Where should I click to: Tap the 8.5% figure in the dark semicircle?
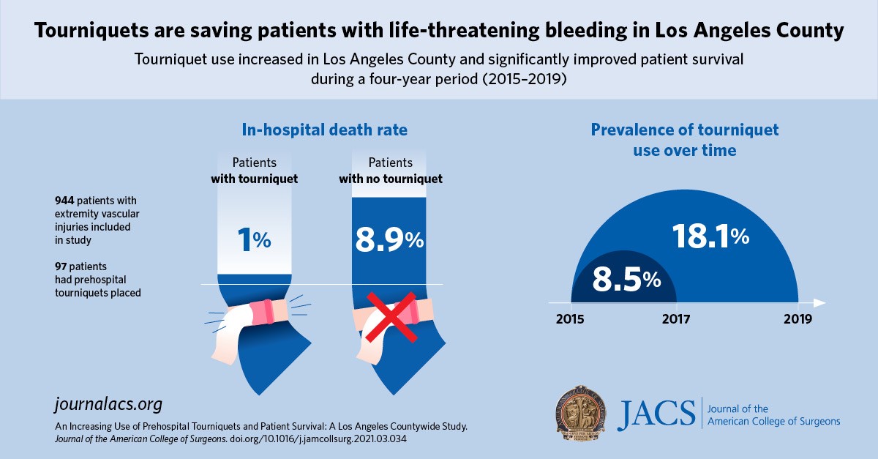pyautogui.click(x=626, y=279)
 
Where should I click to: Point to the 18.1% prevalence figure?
pyautogui.click(x=710, y=236)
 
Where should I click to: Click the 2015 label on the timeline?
pyautogui.click(x=571, y=320)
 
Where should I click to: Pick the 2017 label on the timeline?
pyautogui.click(x=675, y=320)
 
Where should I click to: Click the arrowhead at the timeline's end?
pyautogui.click(x=819, y=302)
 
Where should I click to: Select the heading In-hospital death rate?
pyautogui.click(x=325, y=130)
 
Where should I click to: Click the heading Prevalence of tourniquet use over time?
pyautogui.click(x=684, y=141)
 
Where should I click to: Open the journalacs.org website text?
pyautogui.click(x=108, y=403)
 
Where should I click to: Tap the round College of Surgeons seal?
pyautogui.click(x=580, y=415)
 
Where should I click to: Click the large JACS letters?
pyautogui.click(x=656, y=415)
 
